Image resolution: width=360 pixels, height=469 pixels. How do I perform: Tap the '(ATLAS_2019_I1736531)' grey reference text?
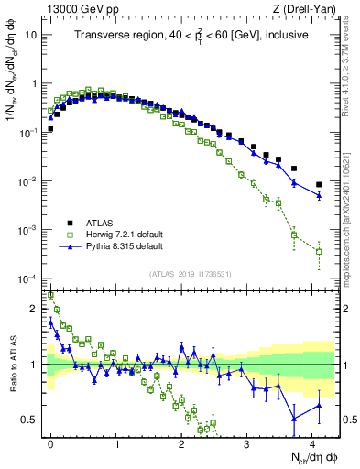click(191, 273)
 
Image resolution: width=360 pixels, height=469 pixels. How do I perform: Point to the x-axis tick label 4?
click(313, 442)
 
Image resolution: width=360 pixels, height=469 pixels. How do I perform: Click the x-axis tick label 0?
click(50, 442)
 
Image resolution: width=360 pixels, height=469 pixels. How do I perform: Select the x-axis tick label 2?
click(181, 442)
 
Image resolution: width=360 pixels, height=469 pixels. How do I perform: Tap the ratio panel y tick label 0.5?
click(32, 420)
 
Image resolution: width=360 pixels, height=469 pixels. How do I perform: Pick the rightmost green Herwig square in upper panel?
click(319, 251)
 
